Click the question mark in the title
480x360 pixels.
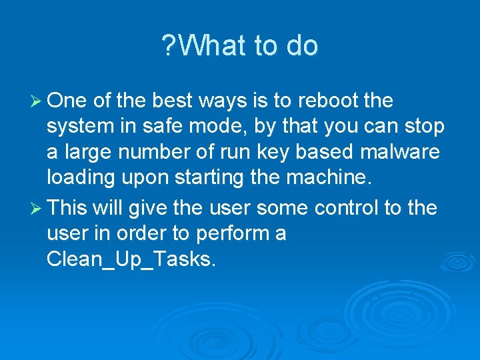pyautogui.click(x=167, y=46)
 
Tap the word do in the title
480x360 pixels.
pyautogui.click(x=302, y=46)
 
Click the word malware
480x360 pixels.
pyautogui.click(x=399, y=153)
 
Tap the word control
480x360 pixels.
pyautogui.click(x=347, y=208)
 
